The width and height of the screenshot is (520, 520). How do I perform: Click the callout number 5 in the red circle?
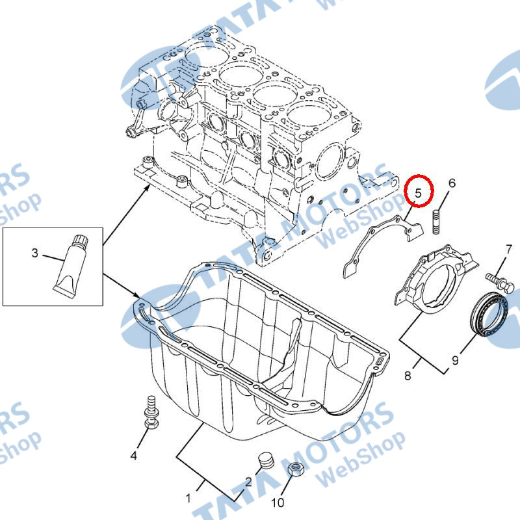click(418, 192)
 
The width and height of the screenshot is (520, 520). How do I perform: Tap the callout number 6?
click(452, 183)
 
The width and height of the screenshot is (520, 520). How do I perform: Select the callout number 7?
click(509, 250)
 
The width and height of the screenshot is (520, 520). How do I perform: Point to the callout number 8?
click(408, 376)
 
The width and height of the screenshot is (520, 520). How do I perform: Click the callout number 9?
click(455, 360)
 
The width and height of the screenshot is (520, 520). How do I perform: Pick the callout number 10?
click(278, 502)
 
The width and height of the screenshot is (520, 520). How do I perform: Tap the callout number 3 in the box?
click(35, 253)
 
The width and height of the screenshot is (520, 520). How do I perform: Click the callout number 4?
click(133, 456)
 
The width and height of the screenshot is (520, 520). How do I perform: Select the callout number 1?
click(188, 498)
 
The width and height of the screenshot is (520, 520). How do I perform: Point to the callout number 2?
click(248, 482)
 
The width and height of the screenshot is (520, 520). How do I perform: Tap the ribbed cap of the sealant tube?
click(81, 241)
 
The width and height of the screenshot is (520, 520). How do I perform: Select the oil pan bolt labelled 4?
click(151, 412)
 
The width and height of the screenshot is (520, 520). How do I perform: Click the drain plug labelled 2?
click(266, 460)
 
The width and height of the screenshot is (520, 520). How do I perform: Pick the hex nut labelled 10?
click(295, 469)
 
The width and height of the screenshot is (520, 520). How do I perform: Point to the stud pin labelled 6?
click(437, 222)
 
